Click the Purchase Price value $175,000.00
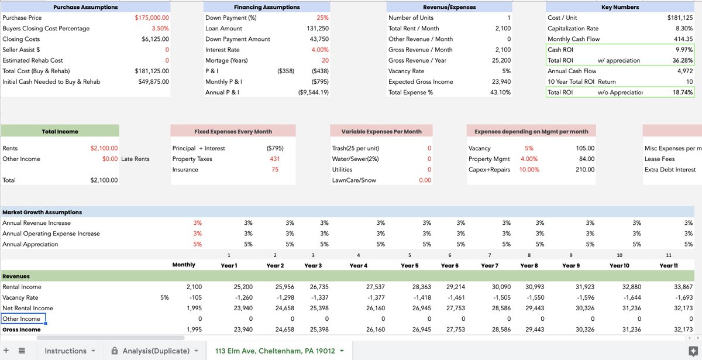pyautogui.click(x=152, y=18)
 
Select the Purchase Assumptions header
pyautogui.click(x=85, y=7)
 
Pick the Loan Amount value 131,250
pyautogui.click(x=317, y=28)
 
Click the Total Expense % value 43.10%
pyautogui.click(x=499, y=92)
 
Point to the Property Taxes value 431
pyautogui.click(x=274, y=159)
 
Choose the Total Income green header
pyautogui.click(x=60, y=132)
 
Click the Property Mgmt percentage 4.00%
pyautogui.click(x=528, y=159)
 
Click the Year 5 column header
pyautogui.click(x=409, y=265)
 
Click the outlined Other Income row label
pyautogui.click(x=22, y=319)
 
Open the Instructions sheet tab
pyautogui.click(x=66, y=351)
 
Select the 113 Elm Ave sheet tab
pyautogui.click(x=275, y=351)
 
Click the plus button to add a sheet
pyautogui.click(x=6, y=351)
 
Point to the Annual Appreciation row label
pyautogui.click(x=30, y=244)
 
